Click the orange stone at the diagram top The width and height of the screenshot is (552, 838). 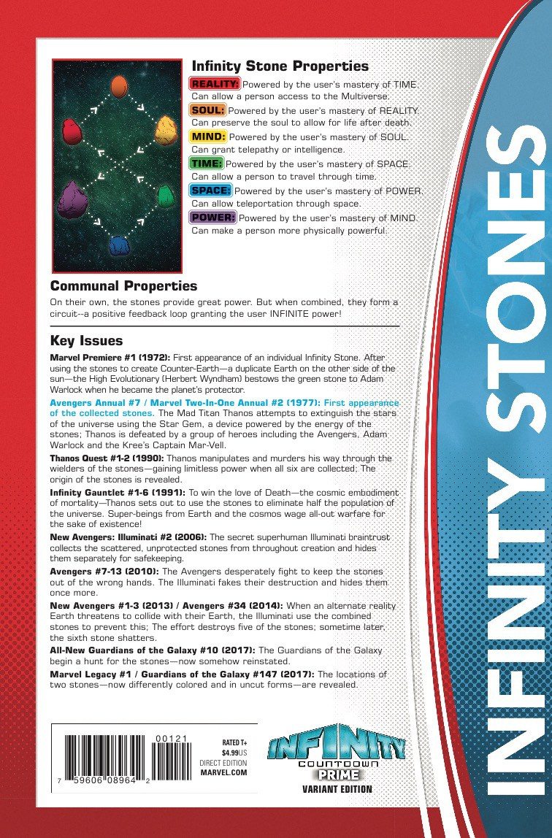pyautogui.click(x=119, y=86)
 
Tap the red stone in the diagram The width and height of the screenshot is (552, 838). pyautogui.click(x=71, y=131)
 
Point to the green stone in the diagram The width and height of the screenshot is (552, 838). pyautogui.click(x=167, y=195)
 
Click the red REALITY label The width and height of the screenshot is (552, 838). pyautogui.click(x=215, y=84)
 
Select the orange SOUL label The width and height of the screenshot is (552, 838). pyautogui.click(x=207, y=110)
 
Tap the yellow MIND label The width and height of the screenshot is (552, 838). pyautogui.click(x=208, y=137)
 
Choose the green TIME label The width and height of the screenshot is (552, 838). pyautogui.click(x=207, y=164)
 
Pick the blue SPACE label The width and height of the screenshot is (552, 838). pyautogui.click(x=211, y=191)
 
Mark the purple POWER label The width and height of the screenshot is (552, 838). pyautogui.click(x=212, y=218)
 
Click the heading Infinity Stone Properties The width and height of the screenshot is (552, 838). pyautogui.click(x=280, y=66)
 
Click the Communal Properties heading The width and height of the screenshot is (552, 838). pyautogui.click(x=123, y=285)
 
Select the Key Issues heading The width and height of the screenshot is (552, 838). pyautogui.click(x=86, y=341)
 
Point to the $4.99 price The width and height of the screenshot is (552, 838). pyautogui.click(x=232, y=750)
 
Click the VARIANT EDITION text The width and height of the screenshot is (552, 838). pyautogui.click(x=337, y=788)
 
